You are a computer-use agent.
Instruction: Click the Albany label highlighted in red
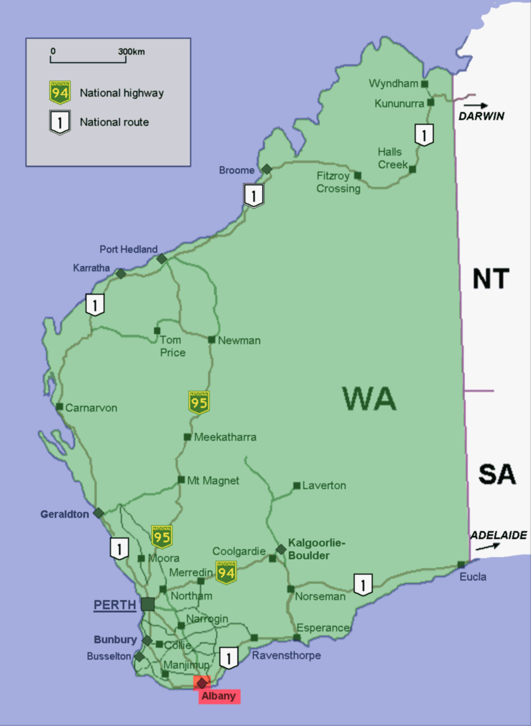[219, 696]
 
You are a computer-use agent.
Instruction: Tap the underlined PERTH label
[115, 605]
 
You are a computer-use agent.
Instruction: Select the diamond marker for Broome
[267, 169]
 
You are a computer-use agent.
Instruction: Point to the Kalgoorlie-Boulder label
[316, 549]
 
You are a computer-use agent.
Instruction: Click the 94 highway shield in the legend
[60, 93]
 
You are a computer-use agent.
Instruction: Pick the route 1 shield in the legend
[60, 122]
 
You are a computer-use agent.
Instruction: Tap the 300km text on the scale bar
[131, 52]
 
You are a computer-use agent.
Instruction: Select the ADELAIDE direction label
[498, 535]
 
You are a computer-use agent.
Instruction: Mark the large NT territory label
[491, 279]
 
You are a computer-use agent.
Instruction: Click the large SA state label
[496, 474]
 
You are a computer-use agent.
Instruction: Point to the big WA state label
[369, 399]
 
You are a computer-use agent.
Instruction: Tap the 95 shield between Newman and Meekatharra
[199, 403]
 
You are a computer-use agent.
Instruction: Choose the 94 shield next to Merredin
[226, 573]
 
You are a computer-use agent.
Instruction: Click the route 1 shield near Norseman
[363, 585]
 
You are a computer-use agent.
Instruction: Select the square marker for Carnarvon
[59, 407]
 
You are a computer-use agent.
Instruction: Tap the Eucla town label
[473, 577]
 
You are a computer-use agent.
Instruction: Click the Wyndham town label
[393, 83]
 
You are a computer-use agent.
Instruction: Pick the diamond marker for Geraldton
[98, 513]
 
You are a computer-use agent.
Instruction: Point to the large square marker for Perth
[148, 604]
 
